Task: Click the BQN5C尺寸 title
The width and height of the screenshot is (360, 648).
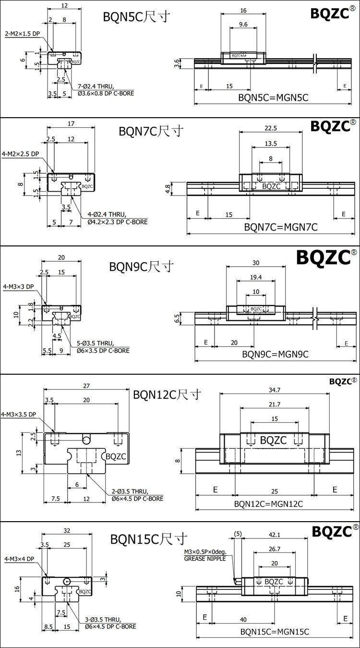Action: click(x=136, y=17)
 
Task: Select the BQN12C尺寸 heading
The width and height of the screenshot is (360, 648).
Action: click(x=167, y=395)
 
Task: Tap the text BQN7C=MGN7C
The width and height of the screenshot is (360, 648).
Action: click(x=281, y=227)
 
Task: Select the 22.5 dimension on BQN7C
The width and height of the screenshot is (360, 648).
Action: click(x=271, y=128)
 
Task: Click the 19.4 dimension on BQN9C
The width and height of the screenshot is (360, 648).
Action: click(x=256, y=277)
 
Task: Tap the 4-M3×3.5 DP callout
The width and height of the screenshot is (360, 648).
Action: click(x=19, y=414)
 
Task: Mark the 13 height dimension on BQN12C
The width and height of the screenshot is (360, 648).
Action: click(x=18, y=452)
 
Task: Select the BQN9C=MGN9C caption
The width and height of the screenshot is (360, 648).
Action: click(x=275, y=355)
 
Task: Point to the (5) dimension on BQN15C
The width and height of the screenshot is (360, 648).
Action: click(x=237, y=534)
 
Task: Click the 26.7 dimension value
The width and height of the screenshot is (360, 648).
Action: click(x=274, y=549)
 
